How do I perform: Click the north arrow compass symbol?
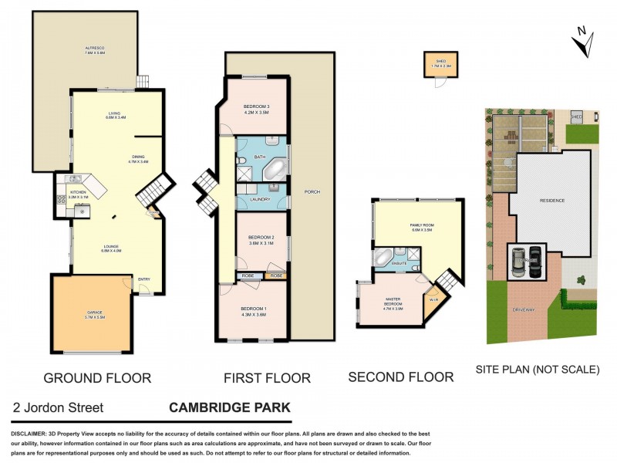click(x=582, y=40)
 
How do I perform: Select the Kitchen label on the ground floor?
click(x=78, y=192)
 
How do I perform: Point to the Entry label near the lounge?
click(x=143, y=279)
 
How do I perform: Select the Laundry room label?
click(x=261, y=201)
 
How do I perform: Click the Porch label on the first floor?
click(x=312, y=191)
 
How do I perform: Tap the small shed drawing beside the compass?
click(x=440, y=66)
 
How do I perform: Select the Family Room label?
click(x=421, y=225)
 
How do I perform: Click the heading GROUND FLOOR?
click(x=96, y=377)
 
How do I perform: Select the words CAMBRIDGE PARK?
click(x=230, y=407)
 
